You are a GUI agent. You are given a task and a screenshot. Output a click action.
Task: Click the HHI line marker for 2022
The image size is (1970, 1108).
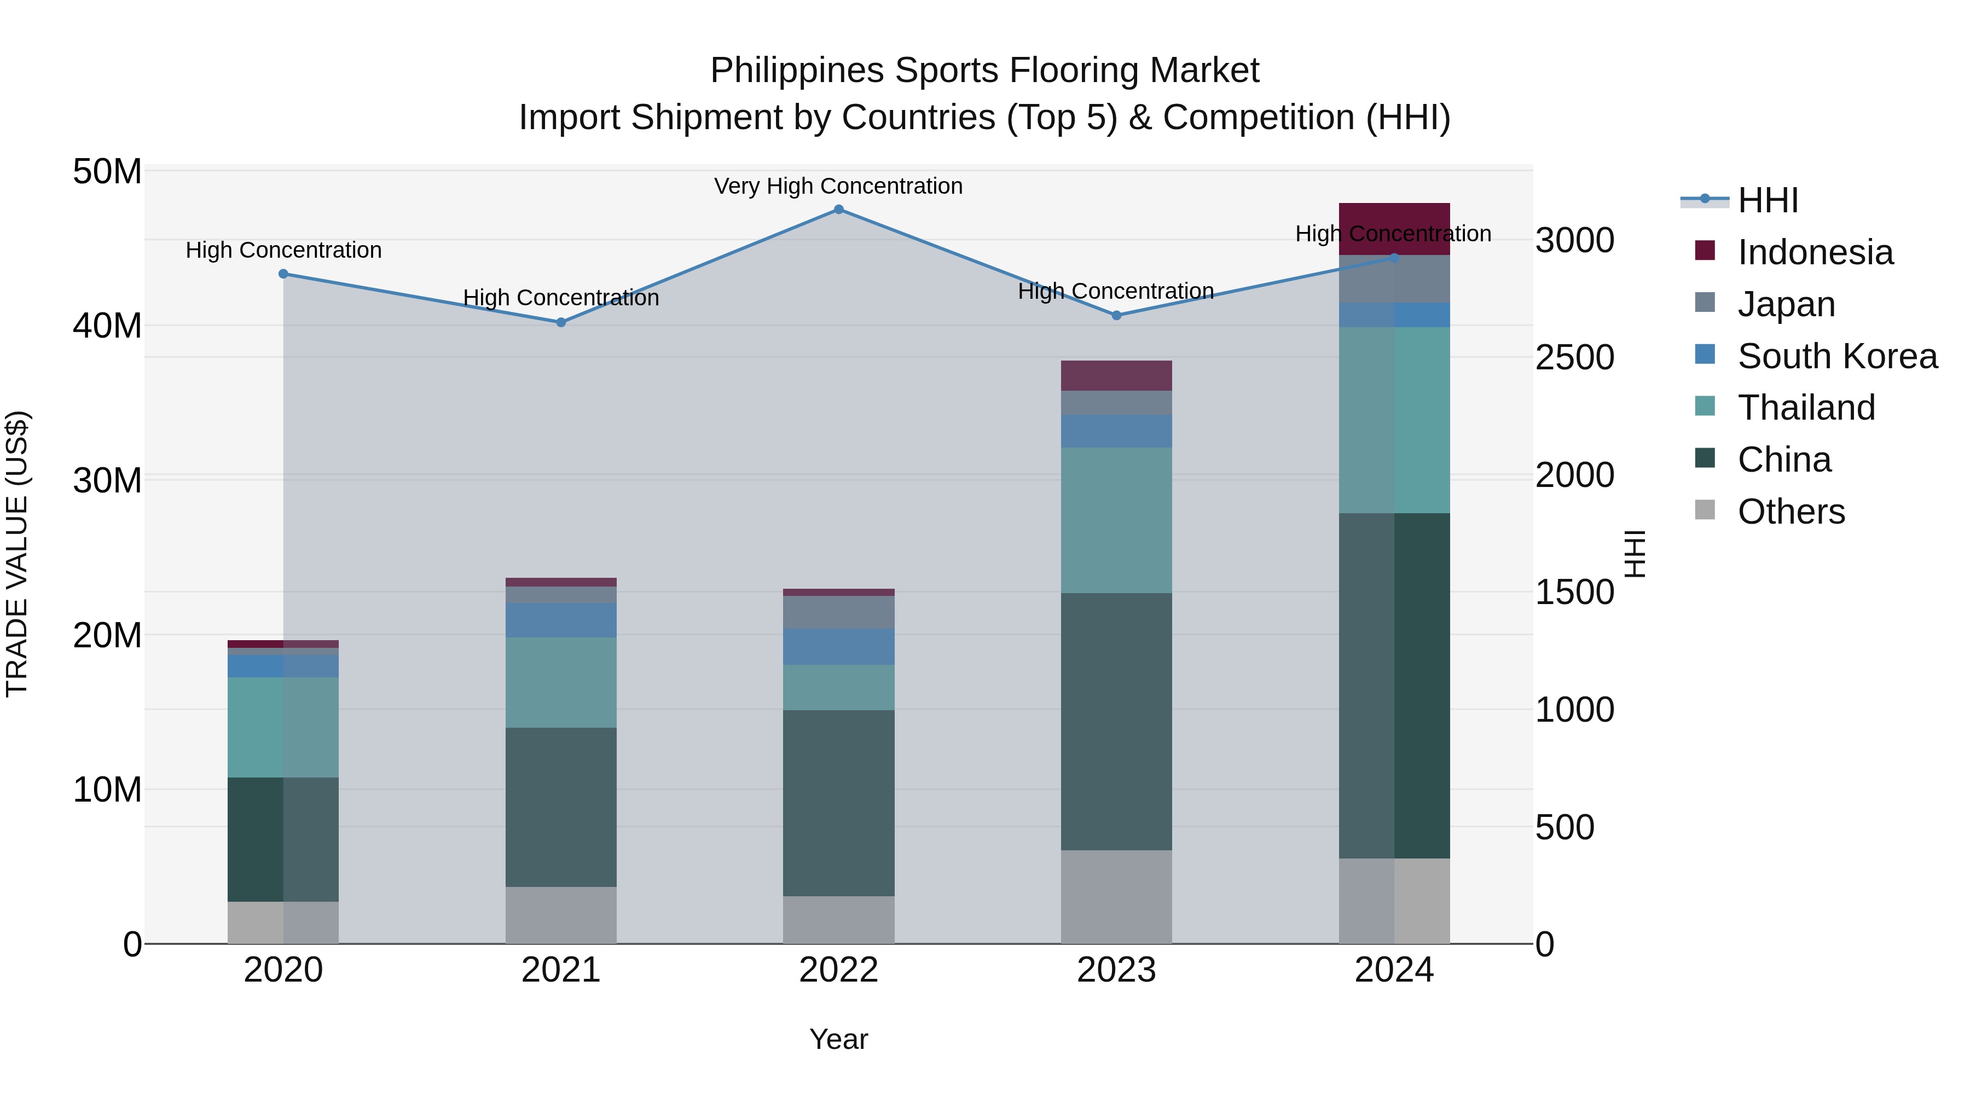click(x=838, y=210)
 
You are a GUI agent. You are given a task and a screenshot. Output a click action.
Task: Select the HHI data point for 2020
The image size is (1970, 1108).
click(x=283, y=274)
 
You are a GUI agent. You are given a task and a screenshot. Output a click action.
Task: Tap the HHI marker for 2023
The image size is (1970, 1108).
click(x=1116, y=315)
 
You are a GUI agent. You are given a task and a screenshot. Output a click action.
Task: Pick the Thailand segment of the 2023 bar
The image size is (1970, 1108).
click(x=1116, y=520)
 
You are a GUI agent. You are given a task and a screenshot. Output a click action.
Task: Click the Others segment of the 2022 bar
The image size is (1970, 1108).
click(x=838, y=919)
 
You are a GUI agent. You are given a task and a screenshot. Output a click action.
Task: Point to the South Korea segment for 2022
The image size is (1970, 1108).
click(x=838, y=647)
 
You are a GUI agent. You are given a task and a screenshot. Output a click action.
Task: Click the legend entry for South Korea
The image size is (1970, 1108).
click(x=1836, y=356)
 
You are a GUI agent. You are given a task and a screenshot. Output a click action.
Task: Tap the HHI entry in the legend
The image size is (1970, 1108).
click(x=1768, y=200)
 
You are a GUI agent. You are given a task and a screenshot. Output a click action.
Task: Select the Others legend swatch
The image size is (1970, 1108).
click(x=1705, y=510)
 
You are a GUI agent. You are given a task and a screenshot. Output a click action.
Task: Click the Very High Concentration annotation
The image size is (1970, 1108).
click(x=838, y=186)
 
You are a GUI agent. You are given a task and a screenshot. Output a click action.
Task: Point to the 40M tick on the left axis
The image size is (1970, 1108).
click(x=107, y=326)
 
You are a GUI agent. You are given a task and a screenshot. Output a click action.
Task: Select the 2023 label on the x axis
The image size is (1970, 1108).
click(x=1116, y=970)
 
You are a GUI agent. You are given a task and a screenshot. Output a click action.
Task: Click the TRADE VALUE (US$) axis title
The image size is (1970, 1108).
click(x=17, y=554)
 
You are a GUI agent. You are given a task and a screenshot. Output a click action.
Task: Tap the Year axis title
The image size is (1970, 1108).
click(x=838, y=1039)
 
